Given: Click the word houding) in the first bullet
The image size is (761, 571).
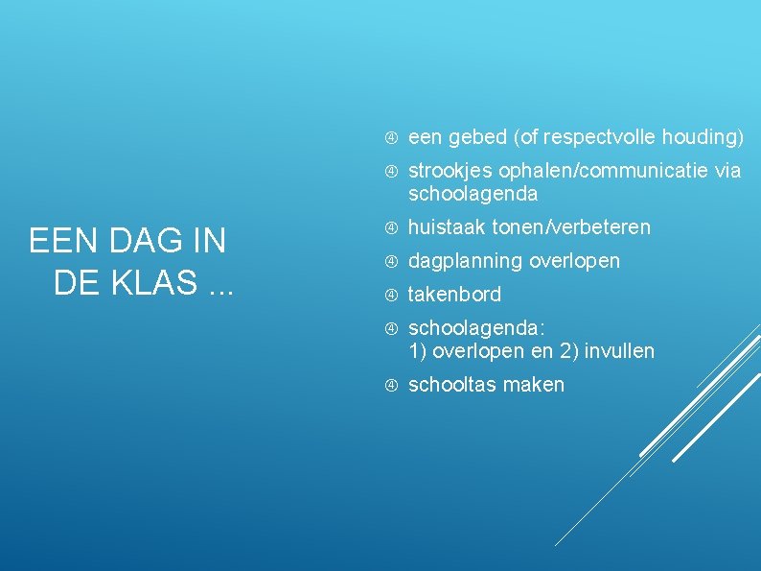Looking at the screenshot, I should (x=704, y=137).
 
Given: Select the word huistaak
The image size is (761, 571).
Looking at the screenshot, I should (x=446, y=227).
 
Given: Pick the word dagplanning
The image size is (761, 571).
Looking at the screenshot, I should (x=465, y=261).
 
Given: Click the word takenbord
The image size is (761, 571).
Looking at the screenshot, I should (x=454, y=295).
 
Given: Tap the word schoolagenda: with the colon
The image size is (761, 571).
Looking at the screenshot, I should (x=476, y=328).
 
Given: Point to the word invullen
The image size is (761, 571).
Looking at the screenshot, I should (x=618, y=351).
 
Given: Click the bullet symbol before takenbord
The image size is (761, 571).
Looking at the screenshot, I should (x=390, y=295).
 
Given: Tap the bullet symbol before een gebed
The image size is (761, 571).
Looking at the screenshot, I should (x=390, y=137).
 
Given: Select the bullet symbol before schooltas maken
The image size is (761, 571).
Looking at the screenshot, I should (x=390, y=385).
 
